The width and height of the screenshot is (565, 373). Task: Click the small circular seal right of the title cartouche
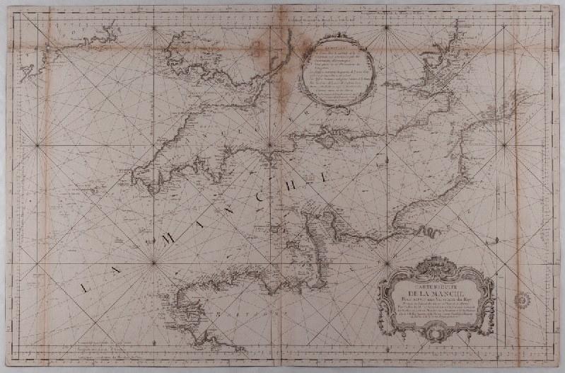[523, 298]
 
